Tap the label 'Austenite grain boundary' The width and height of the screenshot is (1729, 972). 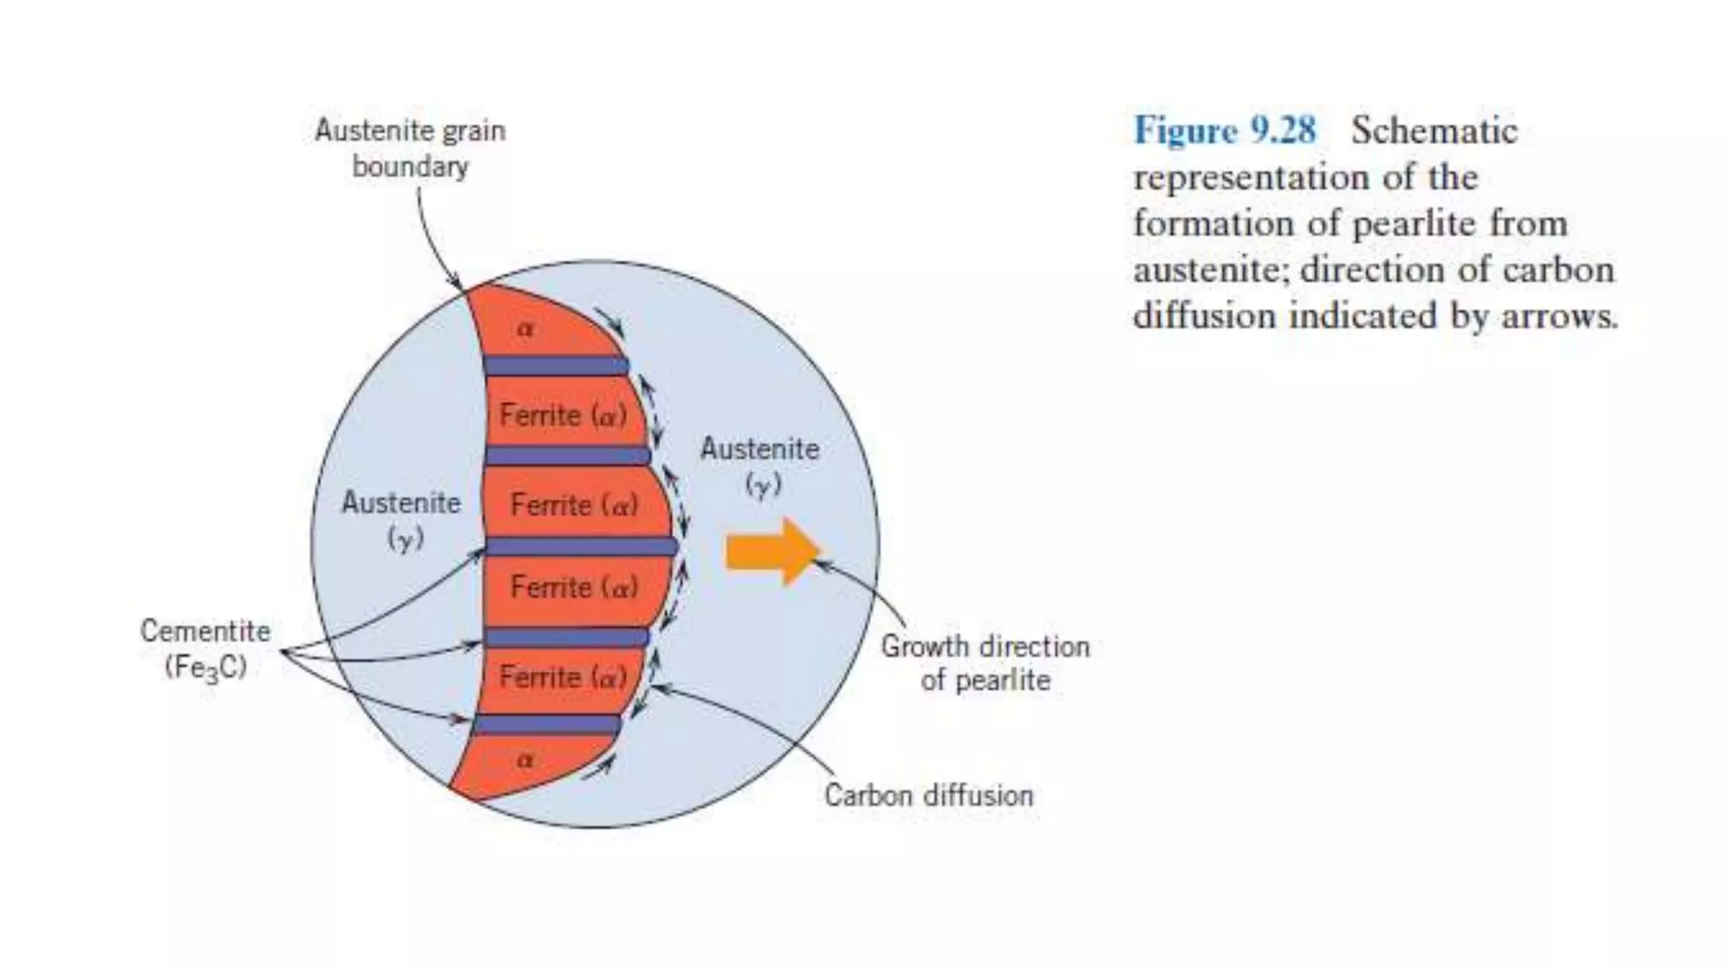pos(410,148)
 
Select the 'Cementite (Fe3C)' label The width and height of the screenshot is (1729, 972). pos(205,649)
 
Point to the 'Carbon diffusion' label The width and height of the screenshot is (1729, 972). pos(929,796)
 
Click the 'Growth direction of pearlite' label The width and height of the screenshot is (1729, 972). pos(985,663)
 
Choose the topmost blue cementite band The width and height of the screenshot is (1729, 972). pos(556,366)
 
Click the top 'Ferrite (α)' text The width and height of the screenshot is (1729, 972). pos(563,415)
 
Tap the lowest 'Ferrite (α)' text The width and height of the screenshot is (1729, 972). pos(563,677)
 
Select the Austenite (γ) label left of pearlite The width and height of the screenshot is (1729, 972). pos(401,520)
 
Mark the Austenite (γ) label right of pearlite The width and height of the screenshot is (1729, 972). pos(760,466)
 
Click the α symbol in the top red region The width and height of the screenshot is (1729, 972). pos(525,328)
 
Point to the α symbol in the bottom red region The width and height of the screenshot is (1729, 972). pos(525,759)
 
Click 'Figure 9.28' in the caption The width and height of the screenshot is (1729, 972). pos(1224,131)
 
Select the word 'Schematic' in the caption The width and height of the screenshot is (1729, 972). pos(1434,131)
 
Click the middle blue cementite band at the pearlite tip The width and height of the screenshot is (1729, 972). pos(583,547)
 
